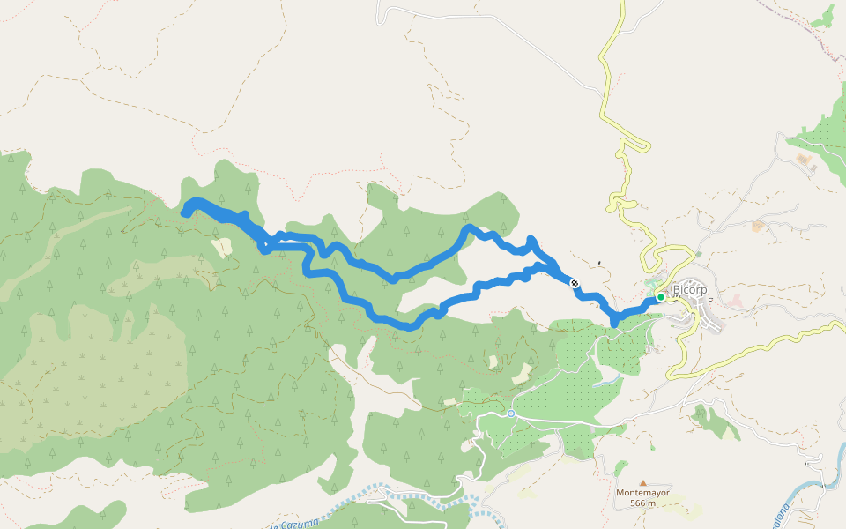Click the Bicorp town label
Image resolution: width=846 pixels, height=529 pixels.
coord(690,289)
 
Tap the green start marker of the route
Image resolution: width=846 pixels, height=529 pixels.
coord(660,297)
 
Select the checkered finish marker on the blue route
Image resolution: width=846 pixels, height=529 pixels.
coord(575,283)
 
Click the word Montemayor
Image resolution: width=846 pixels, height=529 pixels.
coord(642,493)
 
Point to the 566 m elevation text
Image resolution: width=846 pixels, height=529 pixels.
coord(643,503)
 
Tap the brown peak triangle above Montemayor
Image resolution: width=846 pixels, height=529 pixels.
coord(643,483)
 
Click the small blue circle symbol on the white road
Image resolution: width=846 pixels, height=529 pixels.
coord(510,413)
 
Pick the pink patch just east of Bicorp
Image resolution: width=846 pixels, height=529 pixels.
coord(735,302)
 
